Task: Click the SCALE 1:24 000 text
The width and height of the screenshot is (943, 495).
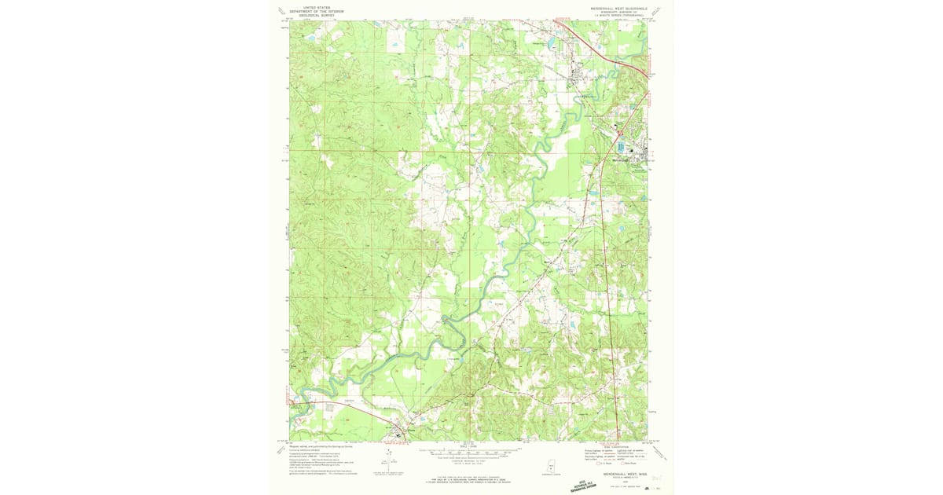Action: point(470,446)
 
